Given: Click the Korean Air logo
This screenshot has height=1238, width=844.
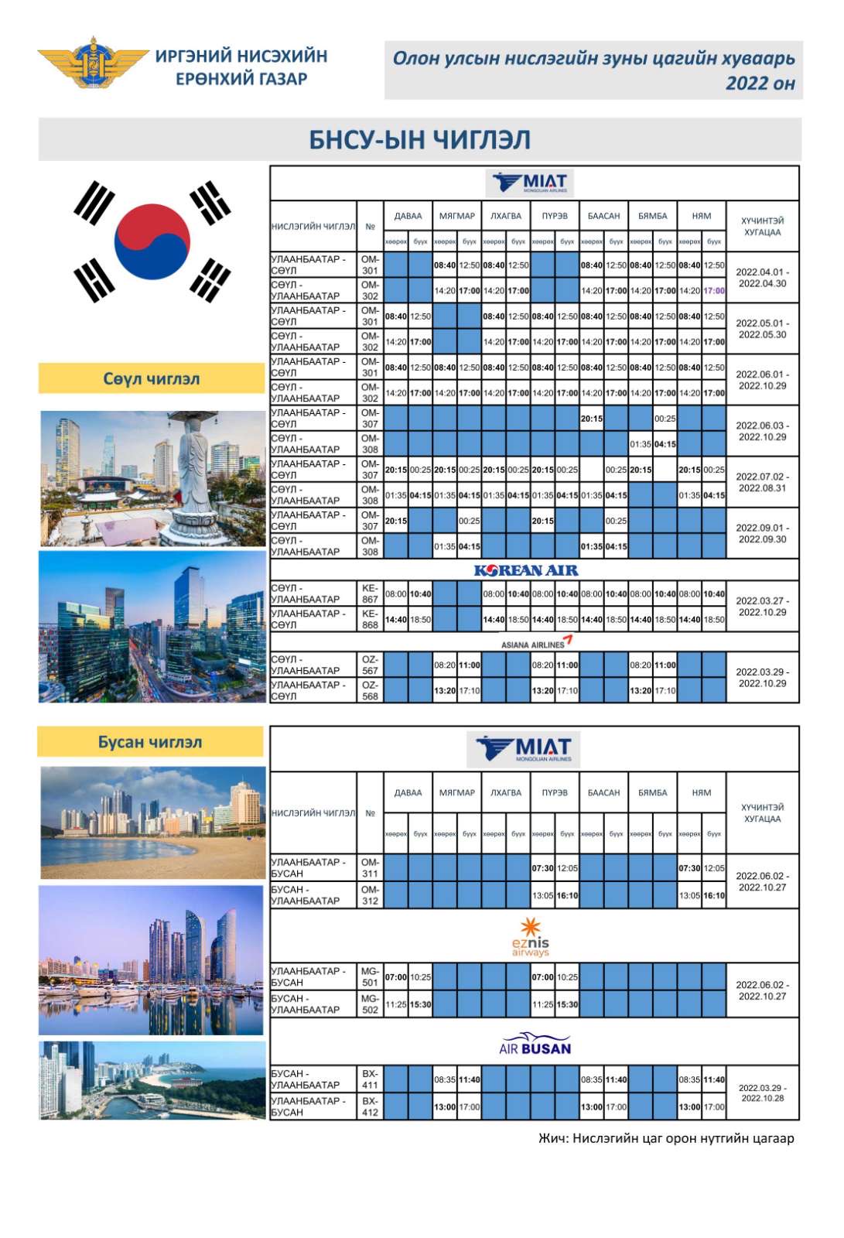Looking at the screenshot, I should click(526, 570).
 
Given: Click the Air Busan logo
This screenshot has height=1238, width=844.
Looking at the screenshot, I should click(535, 1045).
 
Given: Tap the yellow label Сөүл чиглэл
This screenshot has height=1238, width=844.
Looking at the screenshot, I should click(152, 379).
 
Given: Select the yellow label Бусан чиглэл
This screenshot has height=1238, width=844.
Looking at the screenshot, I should click(150, 742).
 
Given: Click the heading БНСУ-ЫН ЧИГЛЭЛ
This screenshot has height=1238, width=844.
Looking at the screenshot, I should click(420, 140).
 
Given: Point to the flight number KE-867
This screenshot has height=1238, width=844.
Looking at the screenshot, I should click(370, 594).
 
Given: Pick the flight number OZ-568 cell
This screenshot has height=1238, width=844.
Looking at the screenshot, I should click(370, 691).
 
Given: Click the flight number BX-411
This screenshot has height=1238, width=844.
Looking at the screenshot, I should click(370, 1079).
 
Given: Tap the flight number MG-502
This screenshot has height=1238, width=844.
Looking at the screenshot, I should click(370, 1004).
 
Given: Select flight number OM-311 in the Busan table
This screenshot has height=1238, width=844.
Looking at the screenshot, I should click(370, 867).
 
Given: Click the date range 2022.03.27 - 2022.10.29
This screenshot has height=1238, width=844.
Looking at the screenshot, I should click(762, 607).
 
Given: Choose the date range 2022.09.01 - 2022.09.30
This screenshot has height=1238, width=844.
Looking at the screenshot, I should click(762, 534).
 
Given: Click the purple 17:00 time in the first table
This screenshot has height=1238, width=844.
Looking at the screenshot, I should click(714, 291).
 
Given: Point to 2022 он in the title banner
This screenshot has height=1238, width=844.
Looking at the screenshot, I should click(760, 84).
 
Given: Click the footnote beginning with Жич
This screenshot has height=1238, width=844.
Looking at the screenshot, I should click(666, 1138).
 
